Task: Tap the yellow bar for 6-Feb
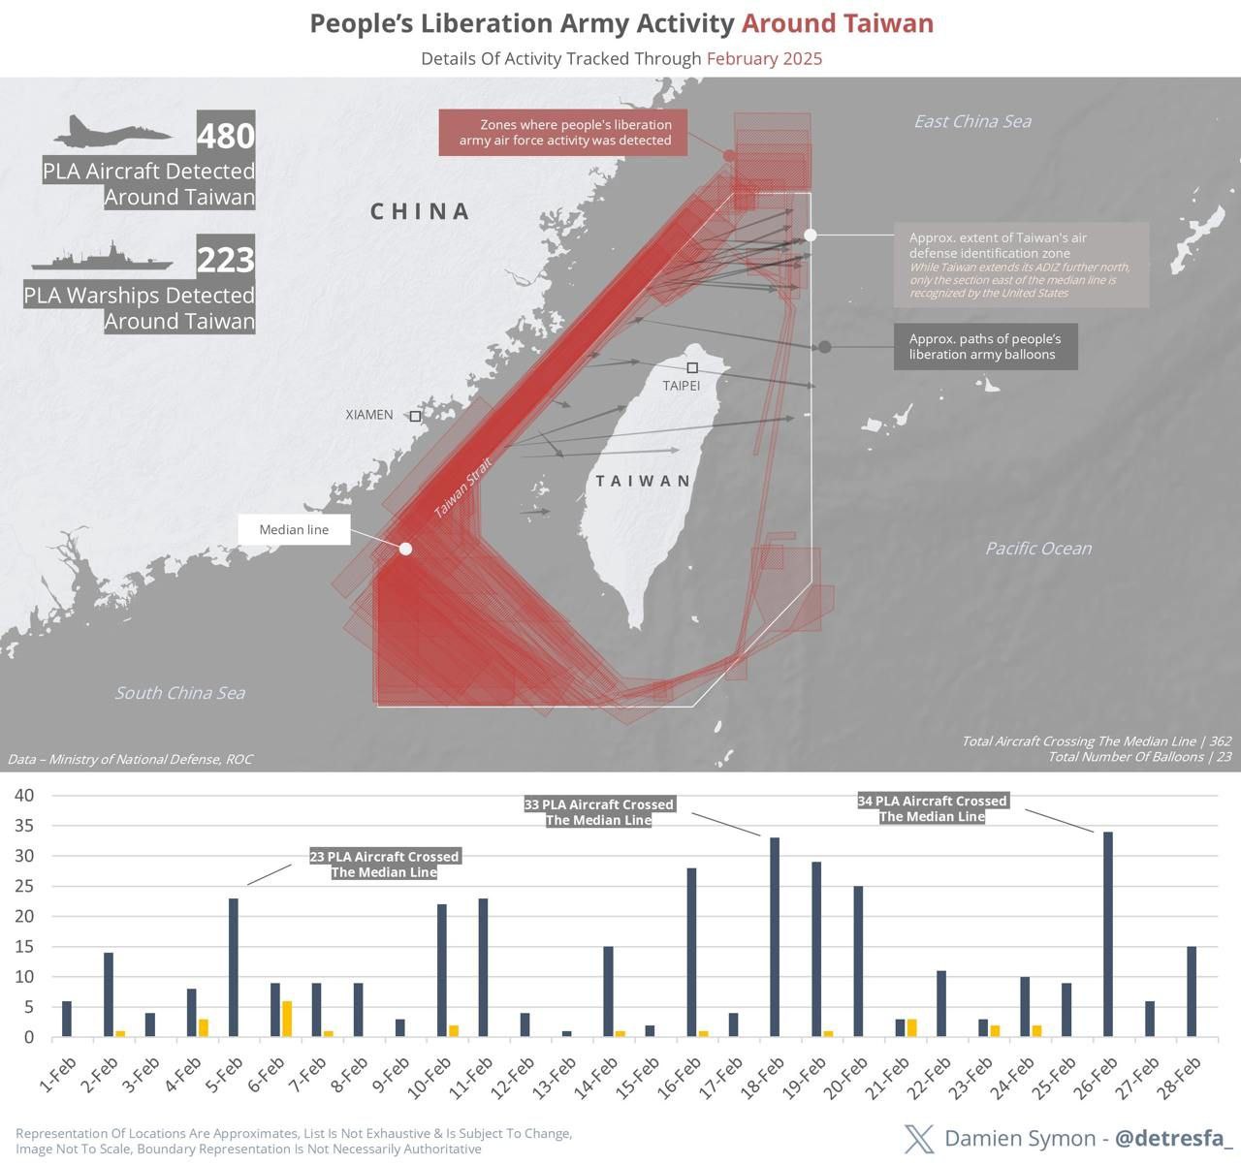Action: pos(287,1019)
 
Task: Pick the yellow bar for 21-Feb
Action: pos(911,1028)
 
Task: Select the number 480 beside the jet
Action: pos(226,135)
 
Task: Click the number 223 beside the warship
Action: pos(226,259)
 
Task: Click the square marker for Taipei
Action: pos(692,368)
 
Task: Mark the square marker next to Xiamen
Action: pos(415,416)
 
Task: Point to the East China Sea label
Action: pos(972,121)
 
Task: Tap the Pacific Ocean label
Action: pos(1038,549)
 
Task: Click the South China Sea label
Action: pos(180,693)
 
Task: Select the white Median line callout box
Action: pos(294,530)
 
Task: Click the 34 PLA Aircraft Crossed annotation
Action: pos(932,808)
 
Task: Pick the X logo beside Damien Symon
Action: pos(919,1138)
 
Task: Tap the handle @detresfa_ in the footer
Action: pos(1173,1138)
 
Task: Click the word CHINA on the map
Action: pos(421,211)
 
